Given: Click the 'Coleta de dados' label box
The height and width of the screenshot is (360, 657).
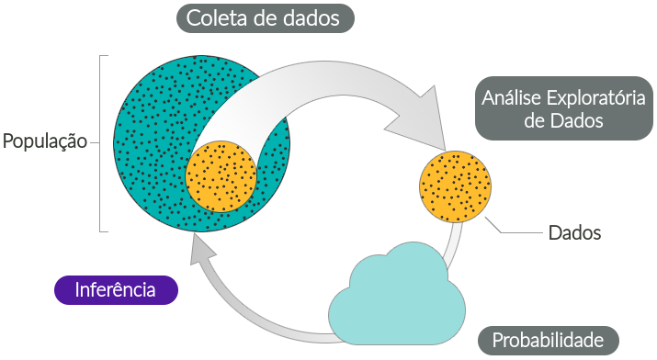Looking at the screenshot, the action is [x=266, y=18].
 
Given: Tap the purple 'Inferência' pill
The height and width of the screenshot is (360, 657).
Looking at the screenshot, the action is [x=116, y=289].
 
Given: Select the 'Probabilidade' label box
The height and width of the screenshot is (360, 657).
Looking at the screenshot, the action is [x=548, y=341].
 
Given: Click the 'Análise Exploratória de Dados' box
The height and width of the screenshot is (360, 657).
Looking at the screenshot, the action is [x=563, y=108].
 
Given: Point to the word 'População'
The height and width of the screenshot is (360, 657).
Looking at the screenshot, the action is [x=45, y=141].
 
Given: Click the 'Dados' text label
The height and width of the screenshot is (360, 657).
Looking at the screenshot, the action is [x=575, y=232].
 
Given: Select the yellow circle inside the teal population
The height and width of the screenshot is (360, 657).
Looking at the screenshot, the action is [x=221, y=176].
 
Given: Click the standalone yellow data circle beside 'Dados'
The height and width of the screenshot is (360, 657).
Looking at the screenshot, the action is [x=455, y=186].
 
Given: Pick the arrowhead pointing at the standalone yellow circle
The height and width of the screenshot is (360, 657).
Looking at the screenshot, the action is [x=424, y=119].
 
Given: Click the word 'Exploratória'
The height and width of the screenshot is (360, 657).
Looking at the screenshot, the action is [x=596, y=98].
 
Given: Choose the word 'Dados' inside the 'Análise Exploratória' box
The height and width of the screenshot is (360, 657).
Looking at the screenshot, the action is [x=576, y=120].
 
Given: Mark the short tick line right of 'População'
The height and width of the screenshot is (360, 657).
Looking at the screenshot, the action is [x=95, y=142].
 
